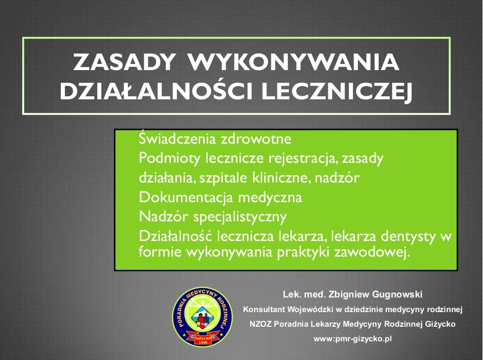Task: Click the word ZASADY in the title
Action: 125,62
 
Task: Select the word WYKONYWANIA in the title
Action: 293,62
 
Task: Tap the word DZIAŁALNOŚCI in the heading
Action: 156,92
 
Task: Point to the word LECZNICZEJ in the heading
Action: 337,92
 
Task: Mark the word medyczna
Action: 270,198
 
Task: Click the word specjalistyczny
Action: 240,217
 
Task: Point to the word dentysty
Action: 409,237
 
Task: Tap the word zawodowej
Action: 373,252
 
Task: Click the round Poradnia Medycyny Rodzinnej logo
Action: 202,317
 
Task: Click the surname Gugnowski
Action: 397,294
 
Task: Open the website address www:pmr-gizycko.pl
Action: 353,339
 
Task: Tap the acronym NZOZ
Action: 260,324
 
